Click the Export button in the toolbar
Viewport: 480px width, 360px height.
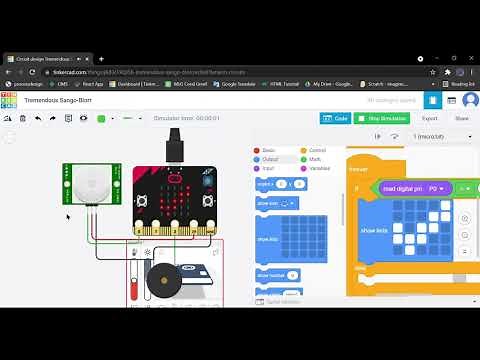pos(428,118)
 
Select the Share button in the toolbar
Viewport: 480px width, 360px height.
pos(461,118)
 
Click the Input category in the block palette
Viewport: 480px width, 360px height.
pos(267,168)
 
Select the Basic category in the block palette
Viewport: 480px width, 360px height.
pos(268,150)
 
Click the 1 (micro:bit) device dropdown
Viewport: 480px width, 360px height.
pos(439,136)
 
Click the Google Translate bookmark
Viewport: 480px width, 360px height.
pos(239,84)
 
